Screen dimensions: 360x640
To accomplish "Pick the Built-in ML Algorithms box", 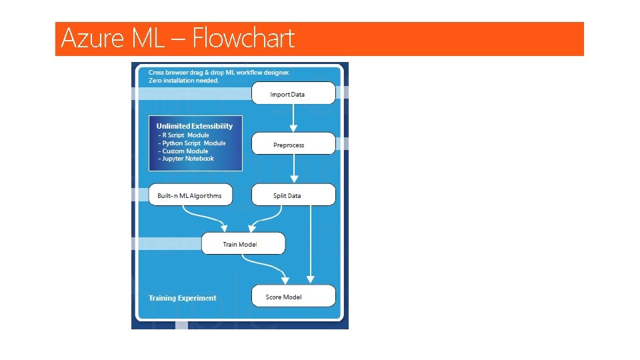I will point(189,195).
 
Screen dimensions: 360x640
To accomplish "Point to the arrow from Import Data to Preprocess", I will point(293,118).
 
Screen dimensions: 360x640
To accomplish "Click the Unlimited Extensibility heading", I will point(195,126).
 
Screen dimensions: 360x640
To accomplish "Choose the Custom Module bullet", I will point(183,151).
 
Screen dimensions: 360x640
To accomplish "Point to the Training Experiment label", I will point(182,298).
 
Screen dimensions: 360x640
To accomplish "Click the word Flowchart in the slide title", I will point(243,39).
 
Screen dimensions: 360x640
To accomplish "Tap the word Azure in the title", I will point(92,39).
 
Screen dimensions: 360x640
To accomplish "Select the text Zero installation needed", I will point(183,80).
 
